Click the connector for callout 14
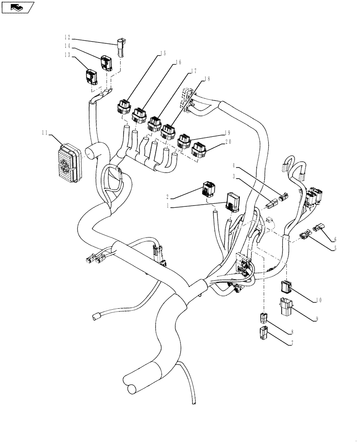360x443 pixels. point(106,63)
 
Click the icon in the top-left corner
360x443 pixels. point(18,7)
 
